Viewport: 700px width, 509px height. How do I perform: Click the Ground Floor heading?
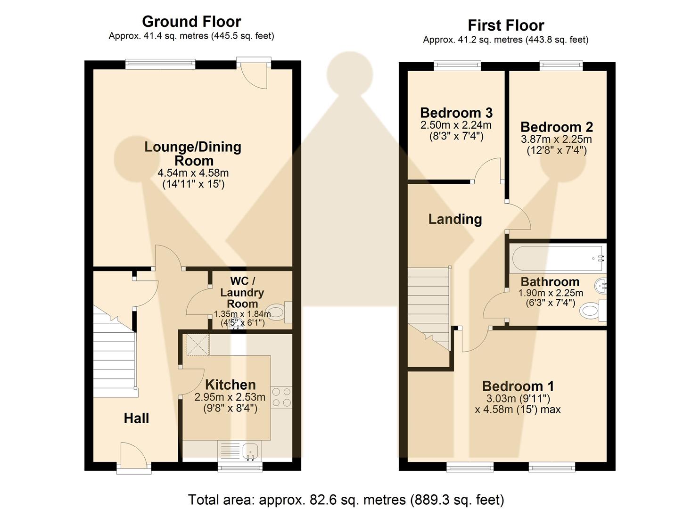click(191, 22)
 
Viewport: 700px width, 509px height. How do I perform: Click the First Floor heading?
click(506, 25)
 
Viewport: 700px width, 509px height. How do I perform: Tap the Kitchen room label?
click(230, 385)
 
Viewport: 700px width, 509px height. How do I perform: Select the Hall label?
click(136, 418)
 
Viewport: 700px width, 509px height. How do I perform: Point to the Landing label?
click(455, 219)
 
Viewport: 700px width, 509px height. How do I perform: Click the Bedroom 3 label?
click(456, 113)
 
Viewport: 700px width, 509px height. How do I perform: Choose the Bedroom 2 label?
click(556, 127)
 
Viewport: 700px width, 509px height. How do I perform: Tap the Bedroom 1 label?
click(518, 386)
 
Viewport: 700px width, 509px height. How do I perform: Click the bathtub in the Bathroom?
click(556, 258)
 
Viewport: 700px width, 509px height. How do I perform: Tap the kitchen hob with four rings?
click(281, 397)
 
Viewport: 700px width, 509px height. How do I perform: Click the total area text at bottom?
click(346, 500)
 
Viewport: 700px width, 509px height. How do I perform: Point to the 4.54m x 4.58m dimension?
click(193, 173)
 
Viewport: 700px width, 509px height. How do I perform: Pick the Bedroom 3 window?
click(457, 66)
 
